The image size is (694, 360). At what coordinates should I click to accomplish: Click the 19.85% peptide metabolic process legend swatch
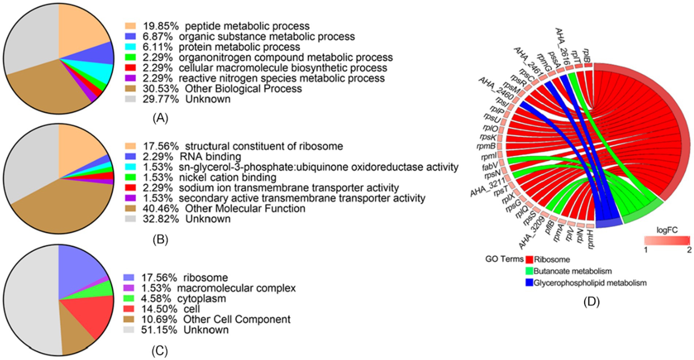130,26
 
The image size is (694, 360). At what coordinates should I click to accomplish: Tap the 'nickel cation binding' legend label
227,178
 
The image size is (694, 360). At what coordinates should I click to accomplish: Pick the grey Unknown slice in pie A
29,40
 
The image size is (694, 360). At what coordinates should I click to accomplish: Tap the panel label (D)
591,302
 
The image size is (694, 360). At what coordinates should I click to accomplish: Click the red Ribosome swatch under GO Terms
529,260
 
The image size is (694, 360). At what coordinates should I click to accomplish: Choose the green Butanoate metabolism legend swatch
529,271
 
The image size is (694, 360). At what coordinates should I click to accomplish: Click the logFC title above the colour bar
667,230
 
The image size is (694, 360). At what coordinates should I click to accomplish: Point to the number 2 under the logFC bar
689,250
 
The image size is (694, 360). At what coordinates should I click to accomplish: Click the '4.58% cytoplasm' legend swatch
129,299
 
